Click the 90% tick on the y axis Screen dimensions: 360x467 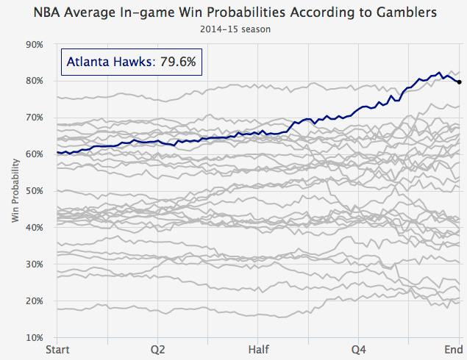click(34, 44)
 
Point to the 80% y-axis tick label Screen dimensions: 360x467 click(34, 81)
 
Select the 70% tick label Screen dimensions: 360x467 click(34, 118)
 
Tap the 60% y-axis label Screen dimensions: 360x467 click(34, 154)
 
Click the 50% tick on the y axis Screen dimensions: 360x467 click(34, 191)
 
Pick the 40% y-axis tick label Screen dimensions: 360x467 click(34, 228)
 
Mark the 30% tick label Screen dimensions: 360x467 click(34, 264)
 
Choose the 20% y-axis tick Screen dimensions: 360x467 click(34, 301)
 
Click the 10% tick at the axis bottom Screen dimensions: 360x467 click(34, 338)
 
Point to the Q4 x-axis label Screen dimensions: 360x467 click(359, 349)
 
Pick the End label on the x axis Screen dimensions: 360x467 click(452, 349)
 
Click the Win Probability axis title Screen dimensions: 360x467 click(15, 191)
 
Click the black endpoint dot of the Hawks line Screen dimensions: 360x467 click(460, 82)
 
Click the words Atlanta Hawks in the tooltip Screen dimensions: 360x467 click(107, 63)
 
